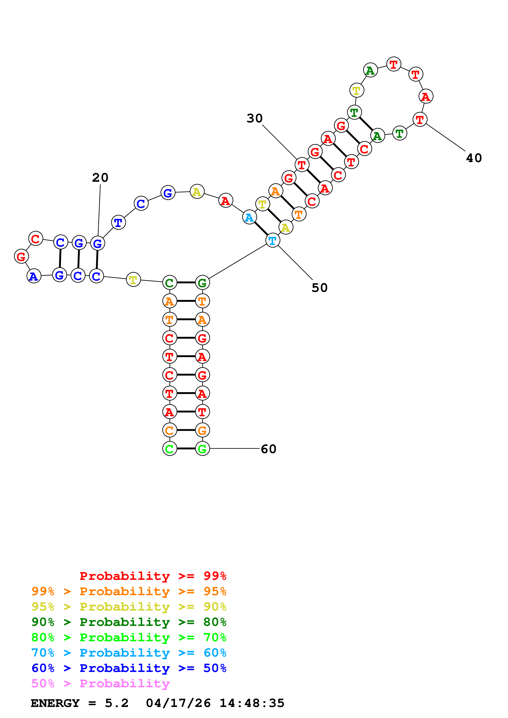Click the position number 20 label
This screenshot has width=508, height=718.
point(100,178)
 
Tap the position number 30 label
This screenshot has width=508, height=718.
point(255,118)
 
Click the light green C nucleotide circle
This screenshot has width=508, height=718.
point(170,449)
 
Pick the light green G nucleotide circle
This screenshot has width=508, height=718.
point(202,449)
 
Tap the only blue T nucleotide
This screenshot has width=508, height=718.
point(118,223)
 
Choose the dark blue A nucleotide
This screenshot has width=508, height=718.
point(34,276)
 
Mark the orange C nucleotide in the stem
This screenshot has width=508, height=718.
point(170,430)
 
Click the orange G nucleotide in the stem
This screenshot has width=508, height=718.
point(202,430)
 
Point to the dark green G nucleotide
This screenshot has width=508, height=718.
point(202,283)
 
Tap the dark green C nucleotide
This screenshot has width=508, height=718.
point(170,283)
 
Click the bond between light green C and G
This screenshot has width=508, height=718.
point(186,449)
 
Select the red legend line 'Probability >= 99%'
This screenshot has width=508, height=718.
point(153,576)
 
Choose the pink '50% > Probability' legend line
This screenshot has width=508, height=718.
point(100,684)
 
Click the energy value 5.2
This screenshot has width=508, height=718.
point(116,703)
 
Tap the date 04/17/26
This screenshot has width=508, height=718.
point(178,703)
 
